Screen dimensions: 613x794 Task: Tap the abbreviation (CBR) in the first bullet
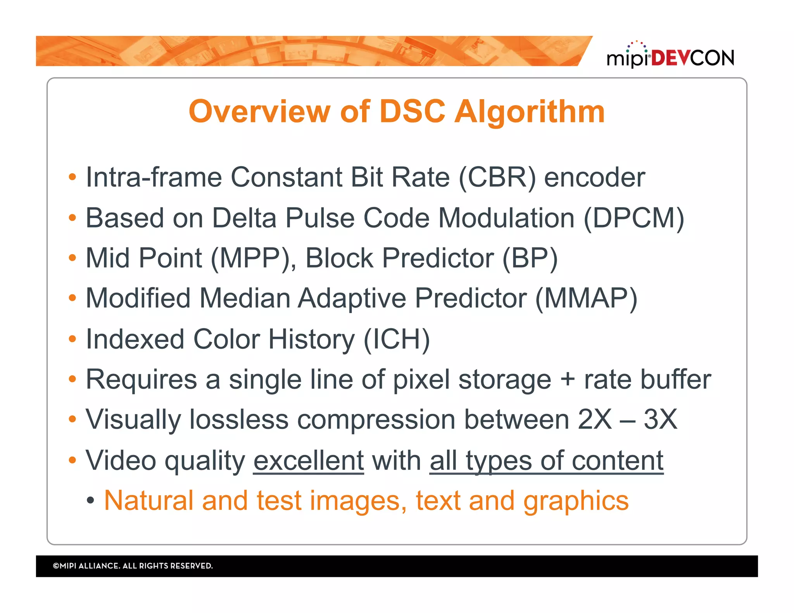(x=497, y=177)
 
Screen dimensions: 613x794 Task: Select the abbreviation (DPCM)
(x=634, y=218)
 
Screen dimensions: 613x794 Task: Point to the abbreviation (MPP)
(x=253, y=258)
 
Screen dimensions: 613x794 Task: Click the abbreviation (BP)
(x=530, y=258)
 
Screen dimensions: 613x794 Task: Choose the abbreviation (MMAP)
(x=586, y=298)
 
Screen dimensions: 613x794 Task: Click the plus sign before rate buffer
(x=567, y=379)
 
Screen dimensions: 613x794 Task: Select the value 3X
(x=661, y=419)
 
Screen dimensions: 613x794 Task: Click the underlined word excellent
(x=309, y=460)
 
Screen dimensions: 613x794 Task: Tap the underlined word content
(x=618, y=460)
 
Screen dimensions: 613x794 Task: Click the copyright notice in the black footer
(x=133, y=566)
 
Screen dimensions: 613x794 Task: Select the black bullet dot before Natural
(x=90, y=500)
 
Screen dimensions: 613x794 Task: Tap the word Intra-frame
(x=154, y=177)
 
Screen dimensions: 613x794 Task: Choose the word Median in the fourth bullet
(x=245, y=298)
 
